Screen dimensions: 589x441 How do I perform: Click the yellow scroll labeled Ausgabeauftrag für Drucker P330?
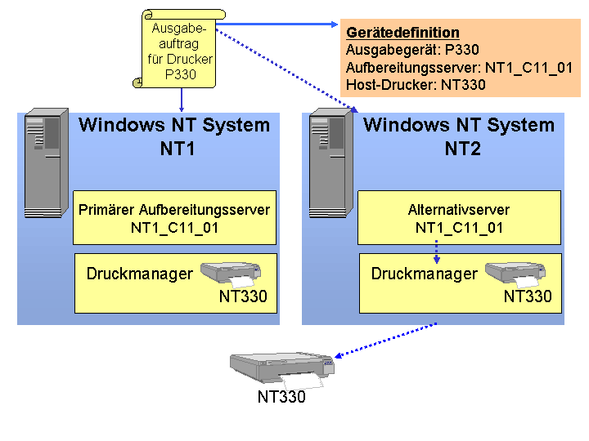[x=179, y=49]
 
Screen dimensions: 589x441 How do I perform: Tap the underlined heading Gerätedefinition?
[x=402, y=33]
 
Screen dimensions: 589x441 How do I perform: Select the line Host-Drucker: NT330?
[x=416, y=85]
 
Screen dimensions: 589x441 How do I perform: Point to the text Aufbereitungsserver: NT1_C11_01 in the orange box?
[x=459, y=68]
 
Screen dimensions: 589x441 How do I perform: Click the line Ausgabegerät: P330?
[x=412, y=50]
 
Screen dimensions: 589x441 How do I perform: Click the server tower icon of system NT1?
[x=46, y=163]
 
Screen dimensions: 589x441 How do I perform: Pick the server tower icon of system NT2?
[x=331, y=163]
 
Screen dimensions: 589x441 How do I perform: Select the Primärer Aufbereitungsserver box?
[x=175, y=217]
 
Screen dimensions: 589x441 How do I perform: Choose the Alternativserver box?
[x=459, y=217]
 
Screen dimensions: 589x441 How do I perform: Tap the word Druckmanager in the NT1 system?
[x=140, y=274]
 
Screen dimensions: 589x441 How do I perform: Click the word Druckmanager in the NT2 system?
[x=425, y=274]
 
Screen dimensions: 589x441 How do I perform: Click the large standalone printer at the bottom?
[x=282, y=370]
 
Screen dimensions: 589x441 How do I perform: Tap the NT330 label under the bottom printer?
[x=281, y=397]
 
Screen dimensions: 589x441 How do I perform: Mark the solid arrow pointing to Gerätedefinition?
[x=277, y=24]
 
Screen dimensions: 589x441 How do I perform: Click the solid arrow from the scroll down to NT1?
[x=182, y=100]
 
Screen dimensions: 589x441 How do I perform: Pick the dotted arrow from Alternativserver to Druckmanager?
[x=436, y=252]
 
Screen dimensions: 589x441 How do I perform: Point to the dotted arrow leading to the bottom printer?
[x=385, y=341]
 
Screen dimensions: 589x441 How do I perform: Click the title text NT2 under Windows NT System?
[x=462, y=149]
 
